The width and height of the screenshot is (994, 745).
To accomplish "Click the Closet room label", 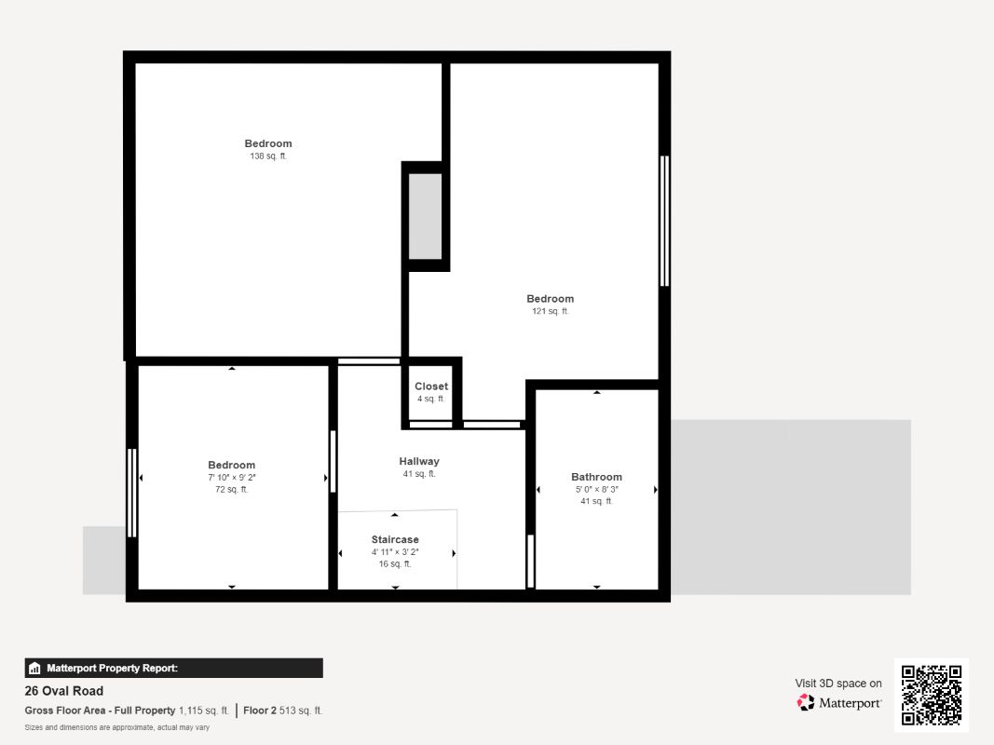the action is pos(431,386).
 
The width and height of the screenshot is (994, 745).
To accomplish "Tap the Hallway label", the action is pos(419,461).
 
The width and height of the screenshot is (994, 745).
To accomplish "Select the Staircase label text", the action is pos(395,540).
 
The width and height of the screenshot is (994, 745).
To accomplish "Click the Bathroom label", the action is pos(596,477).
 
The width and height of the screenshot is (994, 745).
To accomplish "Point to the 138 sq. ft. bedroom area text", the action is pos(268,156).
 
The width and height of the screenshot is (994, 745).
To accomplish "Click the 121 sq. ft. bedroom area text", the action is pos(551,311).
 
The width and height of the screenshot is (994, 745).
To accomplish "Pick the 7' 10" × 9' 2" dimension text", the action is pos(231,477).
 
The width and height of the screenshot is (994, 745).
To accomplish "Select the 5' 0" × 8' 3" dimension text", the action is pos(596,489).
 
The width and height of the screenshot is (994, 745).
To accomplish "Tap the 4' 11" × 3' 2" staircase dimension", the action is pos(395,552).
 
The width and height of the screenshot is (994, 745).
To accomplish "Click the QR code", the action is pos(932,695).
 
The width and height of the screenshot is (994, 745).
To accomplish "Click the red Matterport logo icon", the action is pos(806,702).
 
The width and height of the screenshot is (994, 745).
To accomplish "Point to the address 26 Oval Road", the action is pos(64,691).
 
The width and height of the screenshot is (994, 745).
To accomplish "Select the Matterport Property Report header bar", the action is pos(173,668).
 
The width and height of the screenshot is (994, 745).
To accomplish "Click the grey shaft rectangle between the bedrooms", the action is pos(425,216).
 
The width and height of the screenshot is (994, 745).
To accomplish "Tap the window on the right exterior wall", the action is pos(664,221).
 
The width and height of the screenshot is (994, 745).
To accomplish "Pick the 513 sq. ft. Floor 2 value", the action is pos(301,711).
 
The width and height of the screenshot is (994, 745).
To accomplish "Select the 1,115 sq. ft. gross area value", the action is pos(203,711).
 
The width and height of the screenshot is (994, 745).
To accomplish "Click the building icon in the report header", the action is pos(34,669).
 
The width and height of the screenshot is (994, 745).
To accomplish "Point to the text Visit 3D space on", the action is pos(838,684).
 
